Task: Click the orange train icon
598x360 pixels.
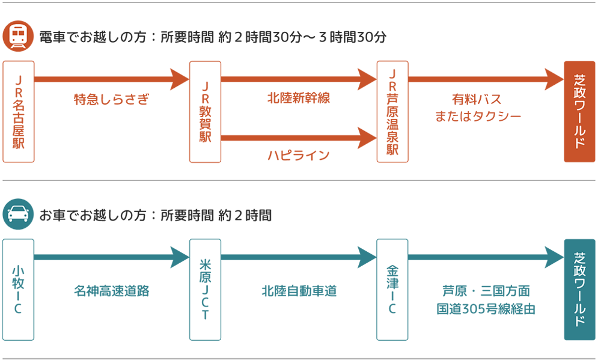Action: pos(18,36)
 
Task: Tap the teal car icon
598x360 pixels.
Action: pos(18,214)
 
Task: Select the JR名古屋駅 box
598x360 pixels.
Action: pos(19,112)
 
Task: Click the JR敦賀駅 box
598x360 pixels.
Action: pos(205,112)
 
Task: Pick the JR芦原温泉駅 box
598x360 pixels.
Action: pos(392,112)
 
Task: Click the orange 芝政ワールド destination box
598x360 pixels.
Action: pos(579,112)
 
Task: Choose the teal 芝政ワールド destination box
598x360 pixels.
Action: pos(579,290)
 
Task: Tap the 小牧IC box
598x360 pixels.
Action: pos(19,290)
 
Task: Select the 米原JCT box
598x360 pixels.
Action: pos(205,290)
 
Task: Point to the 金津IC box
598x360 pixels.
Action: pos(392,290)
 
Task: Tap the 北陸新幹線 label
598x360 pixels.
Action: pos(299,98)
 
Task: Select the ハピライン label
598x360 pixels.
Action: pos(299,156)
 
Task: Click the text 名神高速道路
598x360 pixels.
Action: pos(112,291)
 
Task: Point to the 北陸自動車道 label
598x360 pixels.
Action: pos(299,291)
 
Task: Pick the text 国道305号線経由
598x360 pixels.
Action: pos(486,310)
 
